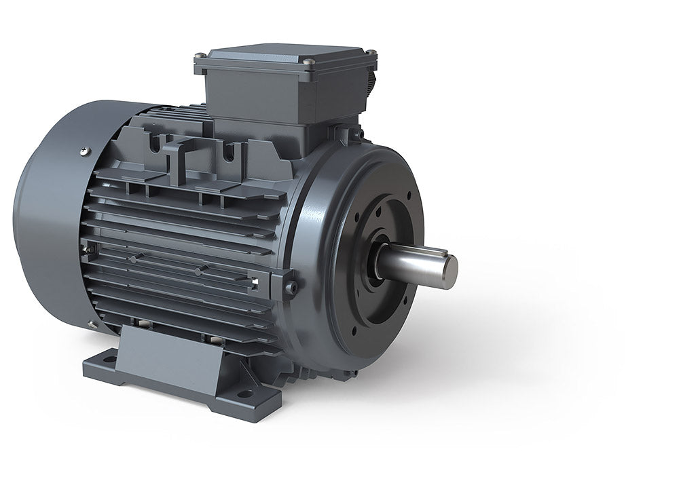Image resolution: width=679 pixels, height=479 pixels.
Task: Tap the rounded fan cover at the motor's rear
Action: tap(48, 217)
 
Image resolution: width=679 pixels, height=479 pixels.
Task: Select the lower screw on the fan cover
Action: tap(92, 324)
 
